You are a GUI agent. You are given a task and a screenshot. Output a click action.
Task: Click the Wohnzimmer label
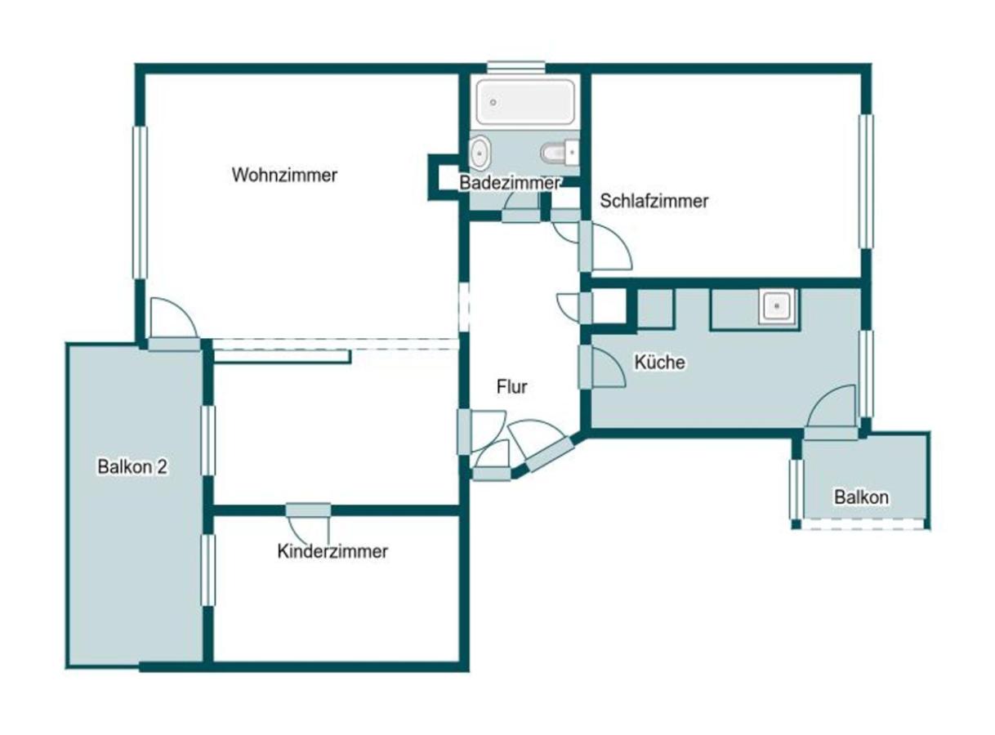point(284,175)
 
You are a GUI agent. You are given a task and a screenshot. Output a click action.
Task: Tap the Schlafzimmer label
point(654,201)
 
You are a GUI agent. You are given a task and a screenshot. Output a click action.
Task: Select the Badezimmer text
point(510,183)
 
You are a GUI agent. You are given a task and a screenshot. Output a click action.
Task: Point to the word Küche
point(659,362)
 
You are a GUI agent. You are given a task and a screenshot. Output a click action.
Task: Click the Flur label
point(511,386)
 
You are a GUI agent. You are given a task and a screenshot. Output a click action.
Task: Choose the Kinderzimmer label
point(332,551)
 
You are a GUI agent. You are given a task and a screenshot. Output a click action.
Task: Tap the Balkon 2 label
point(132,467)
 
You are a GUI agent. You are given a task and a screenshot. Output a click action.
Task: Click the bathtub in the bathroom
point(524,102)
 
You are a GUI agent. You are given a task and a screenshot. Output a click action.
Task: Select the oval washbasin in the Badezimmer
point(480,153)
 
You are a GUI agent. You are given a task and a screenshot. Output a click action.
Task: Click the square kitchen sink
point(777,307)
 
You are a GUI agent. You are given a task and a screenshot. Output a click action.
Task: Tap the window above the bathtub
point(516,67)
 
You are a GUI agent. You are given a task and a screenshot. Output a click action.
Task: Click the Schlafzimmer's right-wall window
point(866,181)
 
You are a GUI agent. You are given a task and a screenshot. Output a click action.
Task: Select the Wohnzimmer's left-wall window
point(140,203)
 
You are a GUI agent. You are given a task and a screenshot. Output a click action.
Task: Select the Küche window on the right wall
point(866,374)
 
